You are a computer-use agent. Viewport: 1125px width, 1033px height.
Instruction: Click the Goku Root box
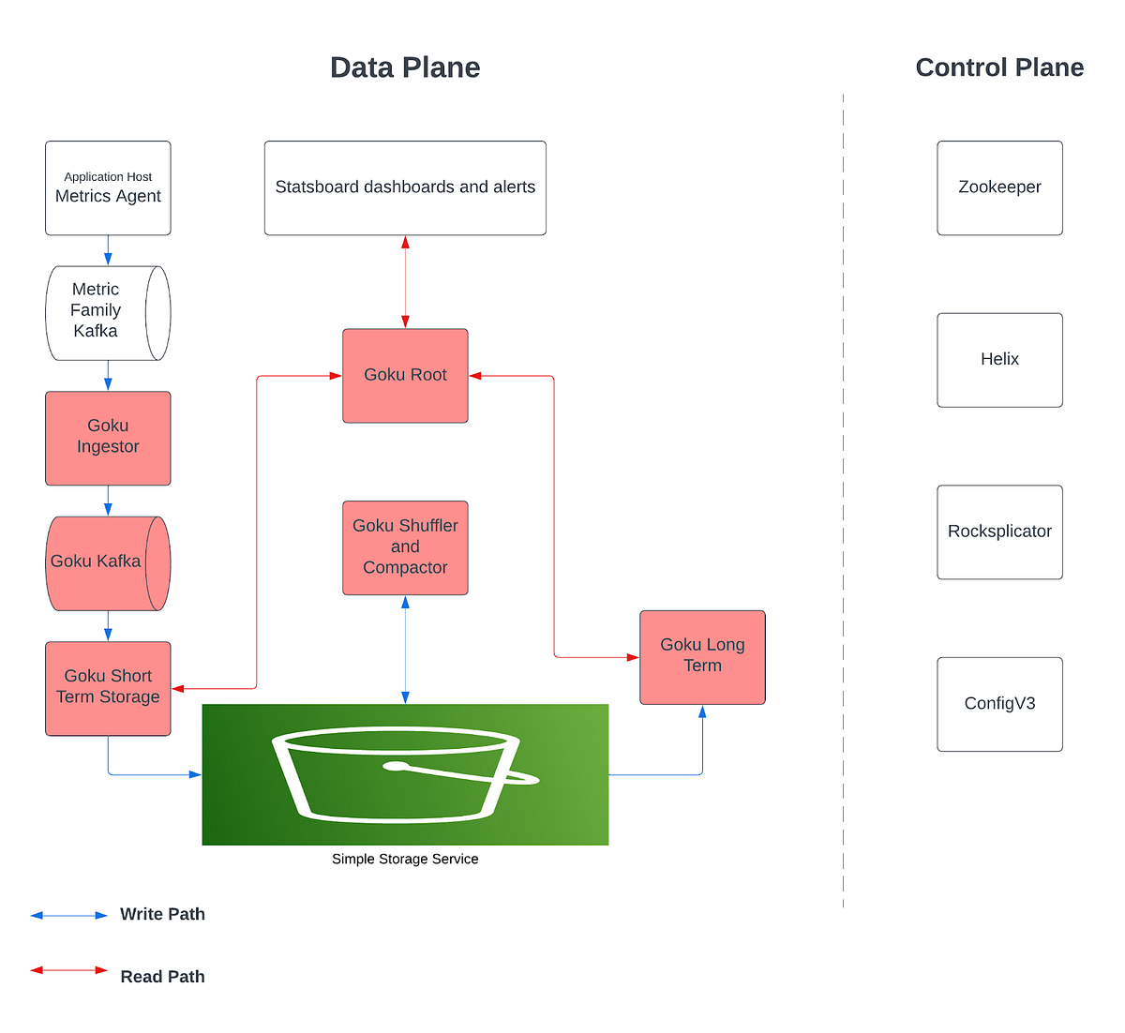pos(405,375)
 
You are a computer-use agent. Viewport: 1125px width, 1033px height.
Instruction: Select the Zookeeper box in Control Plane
pos(999,187)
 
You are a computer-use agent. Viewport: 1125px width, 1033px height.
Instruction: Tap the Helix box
pos(999,360)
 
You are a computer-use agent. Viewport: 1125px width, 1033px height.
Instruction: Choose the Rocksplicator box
pos(999,531)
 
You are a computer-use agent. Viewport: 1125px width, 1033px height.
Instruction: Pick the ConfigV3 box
pos(999,704)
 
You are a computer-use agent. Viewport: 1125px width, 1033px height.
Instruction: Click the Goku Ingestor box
pos(108,438)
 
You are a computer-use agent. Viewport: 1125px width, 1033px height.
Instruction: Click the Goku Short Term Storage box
pos(108,688)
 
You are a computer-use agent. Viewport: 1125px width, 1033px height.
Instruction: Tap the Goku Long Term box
pos(702,657)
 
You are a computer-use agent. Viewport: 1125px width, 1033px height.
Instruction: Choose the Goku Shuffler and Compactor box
pos(405,547)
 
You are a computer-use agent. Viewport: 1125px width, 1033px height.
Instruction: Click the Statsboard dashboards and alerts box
pos(405,187)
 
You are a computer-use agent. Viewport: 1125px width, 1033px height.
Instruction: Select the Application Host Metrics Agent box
pos(108,187)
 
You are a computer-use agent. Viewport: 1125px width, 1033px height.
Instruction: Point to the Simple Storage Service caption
pos(405,859)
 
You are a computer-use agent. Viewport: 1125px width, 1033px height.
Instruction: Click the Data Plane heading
pos(405,67)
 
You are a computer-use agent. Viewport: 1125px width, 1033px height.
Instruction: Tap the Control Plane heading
pos(999,67)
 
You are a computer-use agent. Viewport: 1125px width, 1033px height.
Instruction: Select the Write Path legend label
pos(162,914)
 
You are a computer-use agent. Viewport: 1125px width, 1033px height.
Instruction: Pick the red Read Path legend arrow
pos(69,970)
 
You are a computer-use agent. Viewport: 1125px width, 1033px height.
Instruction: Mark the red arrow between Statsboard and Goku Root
pos(405,281)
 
